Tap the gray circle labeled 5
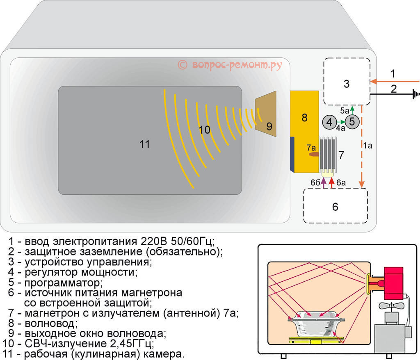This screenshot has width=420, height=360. [352, 122]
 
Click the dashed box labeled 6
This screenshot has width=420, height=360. [335, 206]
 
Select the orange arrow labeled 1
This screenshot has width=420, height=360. [394, 82]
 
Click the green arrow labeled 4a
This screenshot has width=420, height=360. [341, 122]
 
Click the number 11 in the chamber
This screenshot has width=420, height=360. [144, 144]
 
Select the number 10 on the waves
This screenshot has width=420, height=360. [204, 130]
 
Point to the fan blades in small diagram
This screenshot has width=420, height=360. [390, 306]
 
